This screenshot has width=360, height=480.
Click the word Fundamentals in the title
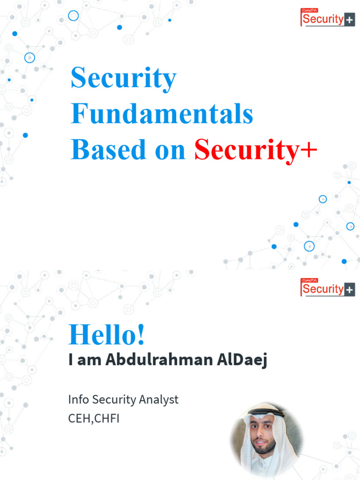pyautogui.click(x=162, y=114)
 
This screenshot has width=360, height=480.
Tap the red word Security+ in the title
pyautogui.click(x=255, y=150)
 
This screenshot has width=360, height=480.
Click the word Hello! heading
pyautogui.click(x=107, y=335)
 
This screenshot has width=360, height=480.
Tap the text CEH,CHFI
pyautogui.click(x=94, y=418)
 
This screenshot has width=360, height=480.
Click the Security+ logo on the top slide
pyautogui.click(x=327, y=18)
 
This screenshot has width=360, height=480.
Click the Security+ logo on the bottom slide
pyautogui.click(x=327, y=287)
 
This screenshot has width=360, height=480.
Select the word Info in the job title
pyautogui.click(x=78, y=400)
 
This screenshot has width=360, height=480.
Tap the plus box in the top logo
pyautogui.click(x=350, y=20)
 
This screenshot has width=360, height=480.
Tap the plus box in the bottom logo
pyautogui.click(x=350, y=290)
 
